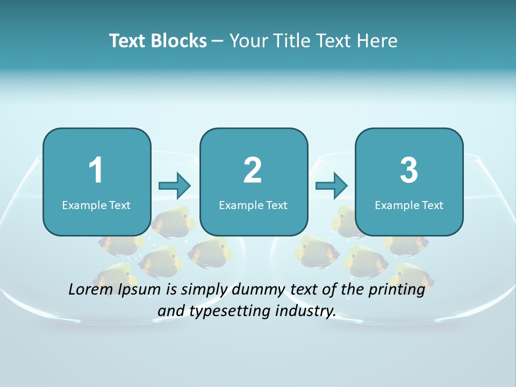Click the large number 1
[96, 170]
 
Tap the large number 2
[253, 170]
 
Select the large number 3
[409, 170]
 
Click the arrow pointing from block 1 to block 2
[175, 186]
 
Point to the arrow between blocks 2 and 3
[332, 186]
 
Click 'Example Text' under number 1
[96, 205]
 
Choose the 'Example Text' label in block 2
[253, 205]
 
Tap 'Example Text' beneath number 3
[409, 205]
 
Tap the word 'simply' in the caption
[206, 290]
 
